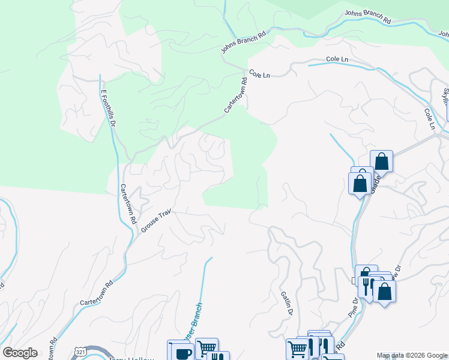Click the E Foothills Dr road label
(107, 109)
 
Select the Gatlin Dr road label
(286, 303)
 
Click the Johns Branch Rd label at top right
(368, 17)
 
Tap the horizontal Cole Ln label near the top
(337, 59)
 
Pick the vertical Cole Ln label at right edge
(429, 118)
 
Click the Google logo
(20, 353)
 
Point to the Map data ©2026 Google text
(411, 356)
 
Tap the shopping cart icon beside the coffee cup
(206, 347)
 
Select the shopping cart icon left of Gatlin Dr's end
(297, 348)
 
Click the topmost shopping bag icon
(381, 160)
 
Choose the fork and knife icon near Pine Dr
(366, 285)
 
